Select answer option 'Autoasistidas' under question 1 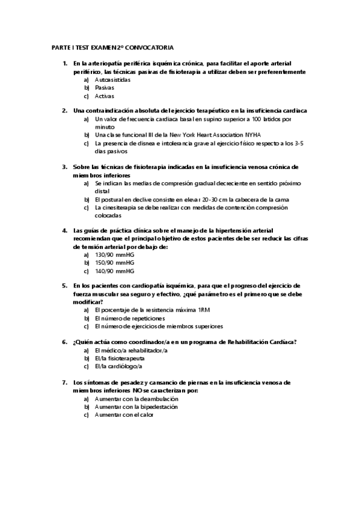tap(113, 79)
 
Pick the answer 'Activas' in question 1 tap(105, 96)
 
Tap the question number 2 tap(64, 111)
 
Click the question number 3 tap(64, 167)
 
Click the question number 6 tap(64, 342)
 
